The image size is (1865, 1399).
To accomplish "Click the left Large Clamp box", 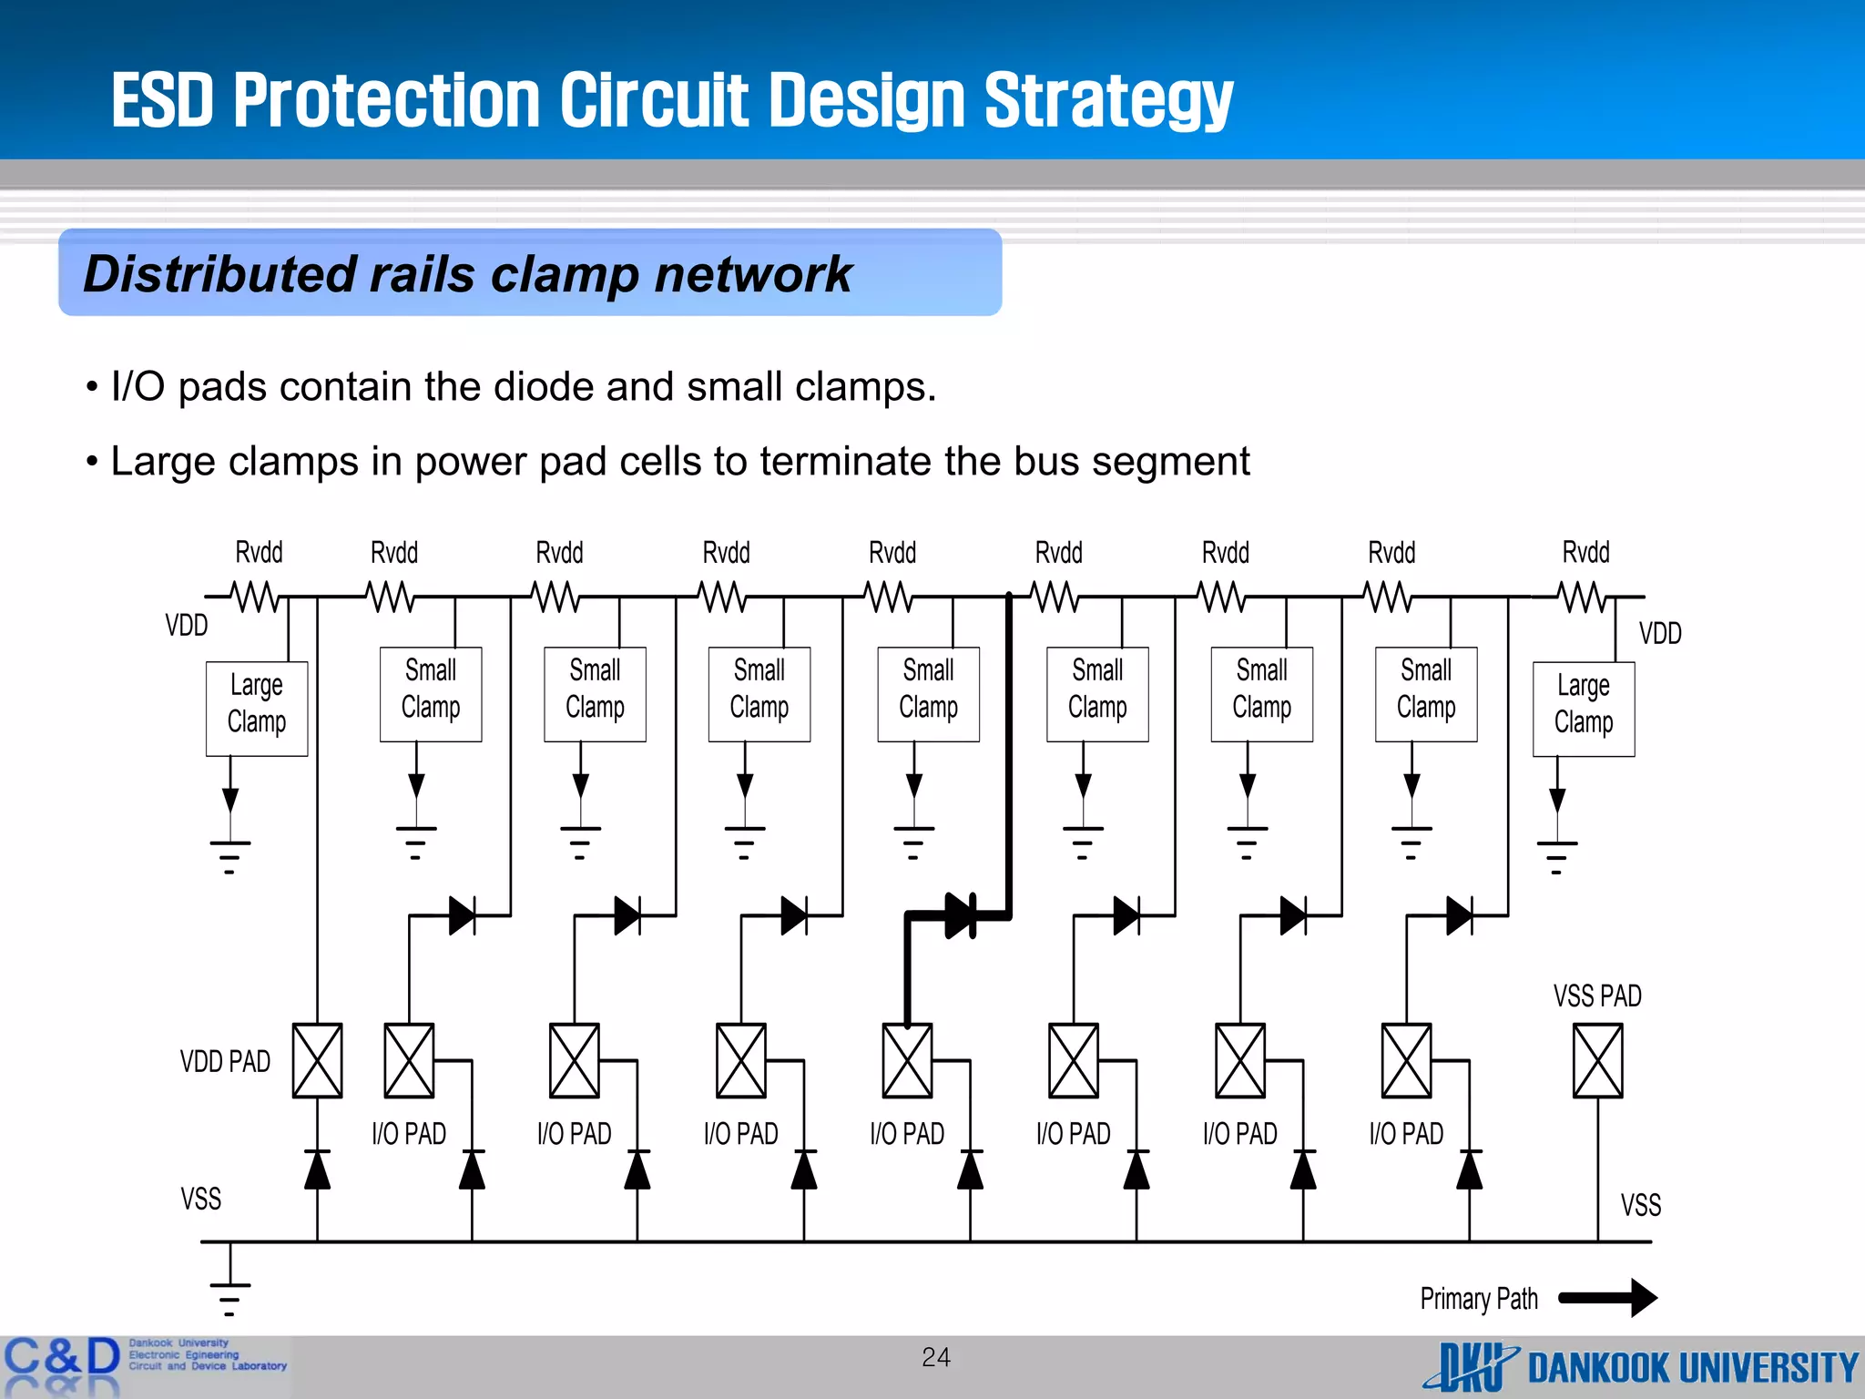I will click(257, 709).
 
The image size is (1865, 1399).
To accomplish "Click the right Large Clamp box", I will click(1584, 709).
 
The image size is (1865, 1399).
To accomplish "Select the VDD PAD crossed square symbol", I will click(317, 1060).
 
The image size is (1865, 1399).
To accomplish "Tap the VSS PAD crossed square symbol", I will click(1597, 1060).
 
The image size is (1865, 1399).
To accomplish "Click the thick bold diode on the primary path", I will click(960, 915).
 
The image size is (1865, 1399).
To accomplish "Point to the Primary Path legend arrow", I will click(1608, 1298).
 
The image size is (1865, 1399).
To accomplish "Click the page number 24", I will click(935, 1357).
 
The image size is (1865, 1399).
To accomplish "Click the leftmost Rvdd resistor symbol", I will click(256, 597).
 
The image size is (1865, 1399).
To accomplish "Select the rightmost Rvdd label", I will click(1585, 552).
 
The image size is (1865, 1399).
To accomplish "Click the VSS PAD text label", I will click(1597, 996).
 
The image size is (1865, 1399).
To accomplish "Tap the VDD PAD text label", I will click(225, 1061).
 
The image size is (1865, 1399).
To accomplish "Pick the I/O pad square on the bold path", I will click(907, 1060).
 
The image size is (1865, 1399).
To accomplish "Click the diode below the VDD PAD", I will click(317, 1169).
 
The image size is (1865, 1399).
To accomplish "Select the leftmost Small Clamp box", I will click(431, 694).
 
